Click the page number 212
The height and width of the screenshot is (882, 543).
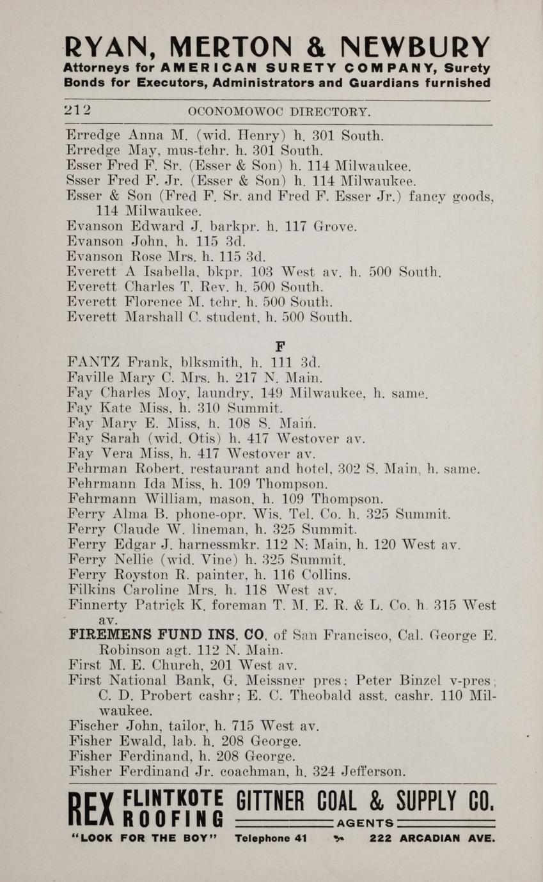[x=77, y=110]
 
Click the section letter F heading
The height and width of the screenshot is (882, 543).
[x=279, y=346]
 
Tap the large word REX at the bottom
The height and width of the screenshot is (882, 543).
[x=91, y=812]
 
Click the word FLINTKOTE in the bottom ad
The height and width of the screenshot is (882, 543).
[x=173, y=799]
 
